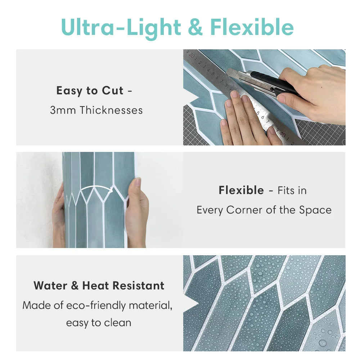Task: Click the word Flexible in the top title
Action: [252, 27]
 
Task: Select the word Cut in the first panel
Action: [112, 90]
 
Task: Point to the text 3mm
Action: [63, 110]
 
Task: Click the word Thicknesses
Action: [111, 110]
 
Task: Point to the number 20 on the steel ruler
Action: [192, 55]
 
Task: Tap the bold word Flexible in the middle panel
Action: [241, 190]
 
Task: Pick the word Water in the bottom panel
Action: [50, 286]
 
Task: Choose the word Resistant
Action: [139, 286]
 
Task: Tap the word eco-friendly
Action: [96, 306]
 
